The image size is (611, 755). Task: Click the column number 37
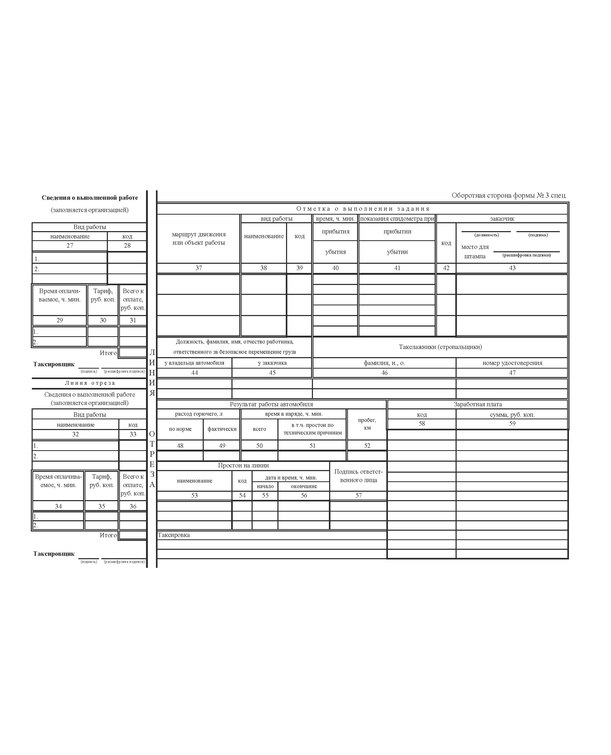[199, 268]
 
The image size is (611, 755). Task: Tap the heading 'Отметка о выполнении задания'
[363, 209]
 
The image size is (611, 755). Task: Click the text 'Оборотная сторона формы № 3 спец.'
[509, 196]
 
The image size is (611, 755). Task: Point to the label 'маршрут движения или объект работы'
[199, 238]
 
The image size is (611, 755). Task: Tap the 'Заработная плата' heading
[477, 404]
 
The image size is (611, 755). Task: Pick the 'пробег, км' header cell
[367, 424]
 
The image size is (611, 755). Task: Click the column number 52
[367, 446]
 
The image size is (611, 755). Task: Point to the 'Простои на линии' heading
[243, 466]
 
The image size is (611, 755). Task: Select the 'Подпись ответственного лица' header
[358, 476]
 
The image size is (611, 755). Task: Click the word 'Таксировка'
[174, 535]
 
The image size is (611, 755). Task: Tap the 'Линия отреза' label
[90, 383]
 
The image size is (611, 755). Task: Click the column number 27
[70, 245]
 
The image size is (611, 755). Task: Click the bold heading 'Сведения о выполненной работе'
[90, 198]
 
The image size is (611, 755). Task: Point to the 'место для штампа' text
[475, 251]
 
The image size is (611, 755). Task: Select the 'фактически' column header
[222, 429]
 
